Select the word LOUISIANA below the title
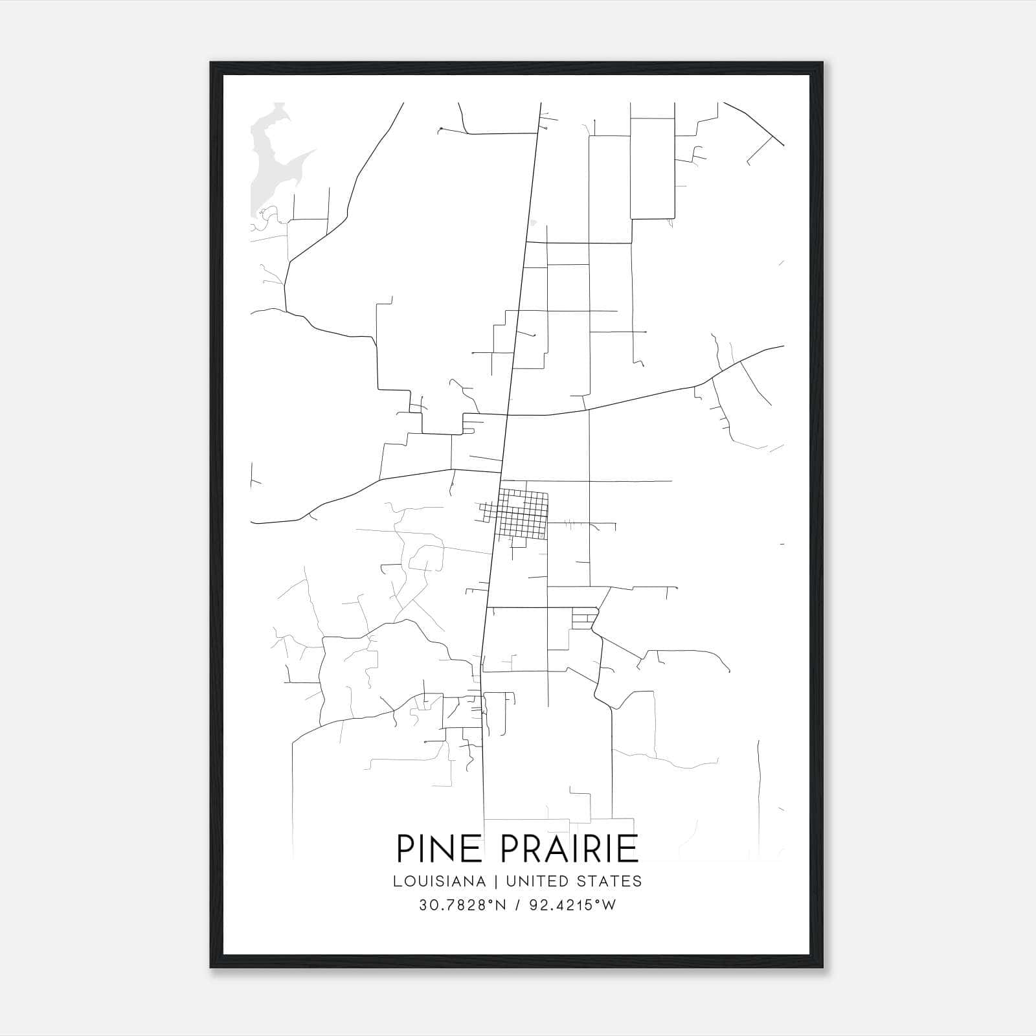pos(439,881)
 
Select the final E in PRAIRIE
pos(629,849)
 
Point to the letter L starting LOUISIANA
pos(396,881)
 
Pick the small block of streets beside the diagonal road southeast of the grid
pos(583,618)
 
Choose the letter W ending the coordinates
pos(609,906)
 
